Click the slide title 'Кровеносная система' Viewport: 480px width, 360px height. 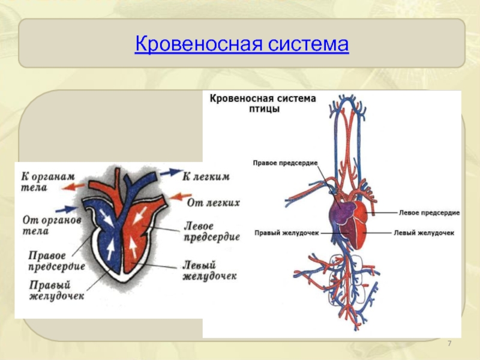[x=242, y=44]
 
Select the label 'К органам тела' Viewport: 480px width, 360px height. [x=47, y=181]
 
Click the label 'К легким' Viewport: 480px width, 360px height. [x=206, y=176]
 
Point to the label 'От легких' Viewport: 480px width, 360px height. [x=213, y=203]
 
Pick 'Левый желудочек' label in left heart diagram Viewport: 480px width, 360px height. [x=208, y=271]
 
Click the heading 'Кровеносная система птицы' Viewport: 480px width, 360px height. [x=262, y=104]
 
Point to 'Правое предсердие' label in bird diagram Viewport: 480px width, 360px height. [x=285, y=163]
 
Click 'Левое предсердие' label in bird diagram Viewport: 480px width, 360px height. [x=429, y=212]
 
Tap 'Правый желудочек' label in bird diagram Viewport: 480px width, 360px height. [x=286, y=233]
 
